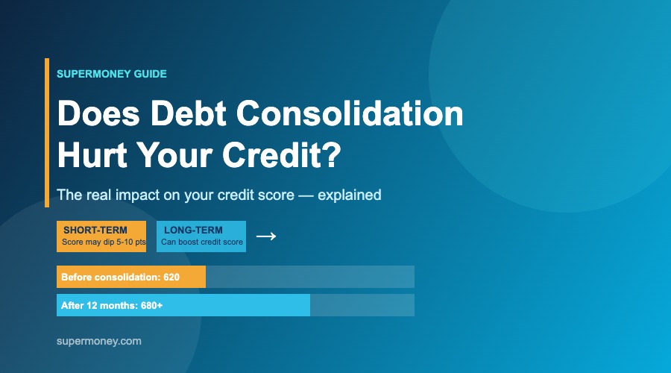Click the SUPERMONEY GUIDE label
point(112,74)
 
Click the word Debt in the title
point(189,113)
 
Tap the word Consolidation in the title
point(350,113)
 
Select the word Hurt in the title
point(92,154)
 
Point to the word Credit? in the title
point(282,154)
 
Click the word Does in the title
point(99,113)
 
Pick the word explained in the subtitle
point(349,195)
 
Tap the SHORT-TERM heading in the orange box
point(95,231)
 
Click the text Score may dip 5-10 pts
point(104,242)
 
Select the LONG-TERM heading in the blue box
point(193,231)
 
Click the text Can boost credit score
point(202,242)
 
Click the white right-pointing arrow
point(266,236)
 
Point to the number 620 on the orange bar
point(171,277)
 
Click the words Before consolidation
point(110,277)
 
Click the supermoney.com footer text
point(99,342)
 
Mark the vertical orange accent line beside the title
point(47,133)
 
